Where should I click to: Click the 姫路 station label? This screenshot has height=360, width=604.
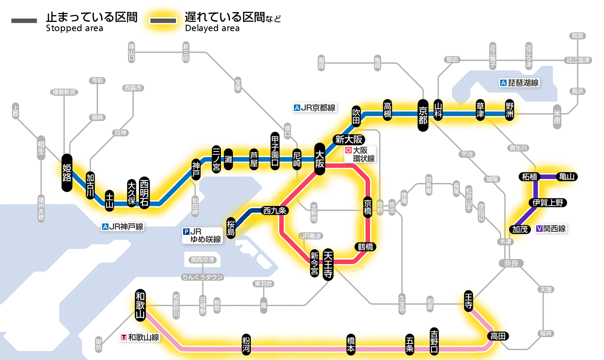tap(67, 172)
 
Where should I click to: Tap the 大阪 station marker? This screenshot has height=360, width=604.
tap(320, 159)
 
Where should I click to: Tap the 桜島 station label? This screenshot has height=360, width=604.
tap(231, 227)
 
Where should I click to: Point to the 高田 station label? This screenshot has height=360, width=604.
tap(498, 336)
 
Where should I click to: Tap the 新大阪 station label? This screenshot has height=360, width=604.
tap(349, 139)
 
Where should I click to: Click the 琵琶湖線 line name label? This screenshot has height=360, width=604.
tap(520, 83)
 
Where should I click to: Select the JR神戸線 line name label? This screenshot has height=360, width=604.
tap(123, 226)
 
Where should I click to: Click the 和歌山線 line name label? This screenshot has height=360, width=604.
tap(141, 337)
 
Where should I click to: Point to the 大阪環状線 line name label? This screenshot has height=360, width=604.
tap(360, 155)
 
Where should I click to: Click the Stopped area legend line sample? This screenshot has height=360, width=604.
tap(25, 21)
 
